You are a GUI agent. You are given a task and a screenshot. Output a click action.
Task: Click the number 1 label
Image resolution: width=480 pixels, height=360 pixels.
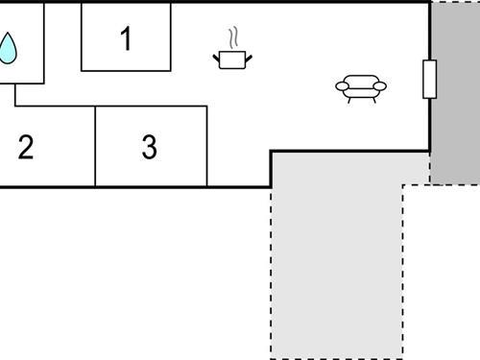(126, 39)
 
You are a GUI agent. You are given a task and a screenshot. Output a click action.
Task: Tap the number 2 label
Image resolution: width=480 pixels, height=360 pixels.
(26, 147)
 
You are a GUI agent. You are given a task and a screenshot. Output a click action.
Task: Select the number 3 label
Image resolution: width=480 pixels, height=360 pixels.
(149, 147)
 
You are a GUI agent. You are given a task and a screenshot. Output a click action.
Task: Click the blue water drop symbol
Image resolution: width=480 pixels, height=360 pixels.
(8, 48)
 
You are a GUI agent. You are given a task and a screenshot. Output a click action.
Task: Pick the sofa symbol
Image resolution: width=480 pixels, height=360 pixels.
(361, 87)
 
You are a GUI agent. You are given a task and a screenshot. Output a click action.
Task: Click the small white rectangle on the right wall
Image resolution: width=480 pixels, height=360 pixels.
(429, 79)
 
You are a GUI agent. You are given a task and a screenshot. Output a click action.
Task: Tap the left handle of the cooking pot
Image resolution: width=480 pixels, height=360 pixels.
(217, 59)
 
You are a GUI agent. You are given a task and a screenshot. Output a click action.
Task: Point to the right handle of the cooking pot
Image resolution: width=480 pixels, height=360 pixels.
(248, 59)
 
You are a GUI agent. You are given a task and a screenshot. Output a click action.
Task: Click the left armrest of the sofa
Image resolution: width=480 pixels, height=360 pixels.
(341, 86)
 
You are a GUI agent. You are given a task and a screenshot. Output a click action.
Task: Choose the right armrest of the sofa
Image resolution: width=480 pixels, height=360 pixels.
(381, 86)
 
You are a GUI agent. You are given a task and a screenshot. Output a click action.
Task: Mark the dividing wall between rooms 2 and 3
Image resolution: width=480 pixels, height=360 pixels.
(95, 146)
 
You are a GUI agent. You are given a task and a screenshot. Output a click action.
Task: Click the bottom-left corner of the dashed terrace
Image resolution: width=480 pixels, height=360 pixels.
(271, 357)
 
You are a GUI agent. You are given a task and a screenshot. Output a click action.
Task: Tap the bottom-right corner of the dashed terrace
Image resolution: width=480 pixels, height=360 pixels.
(402, 357)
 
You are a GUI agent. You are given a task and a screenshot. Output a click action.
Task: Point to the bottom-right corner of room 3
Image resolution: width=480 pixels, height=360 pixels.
(206, 186)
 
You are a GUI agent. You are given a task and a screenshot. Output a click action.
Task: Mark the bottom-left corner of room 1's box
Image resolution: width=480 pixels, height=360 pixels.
(82, 70)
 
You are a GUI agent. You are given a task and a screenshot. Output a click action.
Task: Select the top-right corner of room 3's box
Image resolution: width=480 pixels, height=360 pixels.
(206, 107)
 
